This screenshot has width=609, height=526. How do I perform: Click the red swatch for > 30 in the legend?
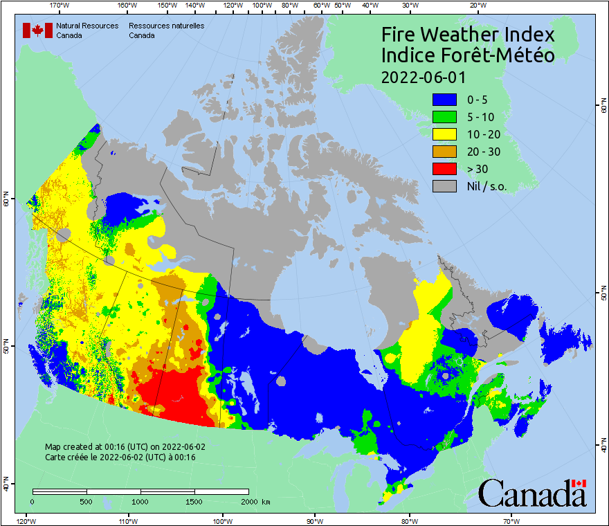click(444, 168)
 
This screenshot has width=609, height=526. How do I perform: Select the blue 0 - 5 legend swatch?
click(444, 99)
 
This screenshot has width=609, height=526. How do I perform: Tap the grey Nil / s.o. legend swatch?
click(444, 185)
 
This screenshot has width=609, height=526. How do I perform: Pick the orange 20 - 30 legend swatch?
click(444, 151)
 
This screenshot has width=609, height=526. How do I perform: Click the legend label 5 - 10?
click(482, 116)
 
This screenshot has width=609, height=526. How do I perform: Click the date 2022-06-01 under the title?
click(423, 76)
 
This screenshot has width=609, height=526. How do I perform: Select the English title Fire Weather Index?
click(468, 35)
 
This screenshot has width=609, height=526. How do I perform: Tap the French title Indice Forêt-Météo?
click(468, 55)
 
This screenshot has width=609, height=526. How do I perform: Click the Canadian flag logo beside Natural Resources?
click(37, 30)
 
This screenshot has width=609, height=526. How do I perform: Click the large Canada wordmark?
click(532, 493)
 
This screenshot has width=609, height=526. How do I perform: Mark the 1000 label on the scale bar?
click(140, 501)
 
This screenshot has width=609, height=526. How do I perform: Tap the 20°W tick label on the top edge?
click(476, 6)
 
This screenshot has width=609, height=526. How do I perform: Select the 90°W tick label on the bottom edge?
click(315, 520)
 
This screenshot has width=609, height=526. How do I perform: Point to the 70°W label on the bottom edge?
click(511, 520)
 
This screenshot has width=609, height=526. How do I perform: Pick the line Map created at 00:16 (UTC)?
click(125, 447)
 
